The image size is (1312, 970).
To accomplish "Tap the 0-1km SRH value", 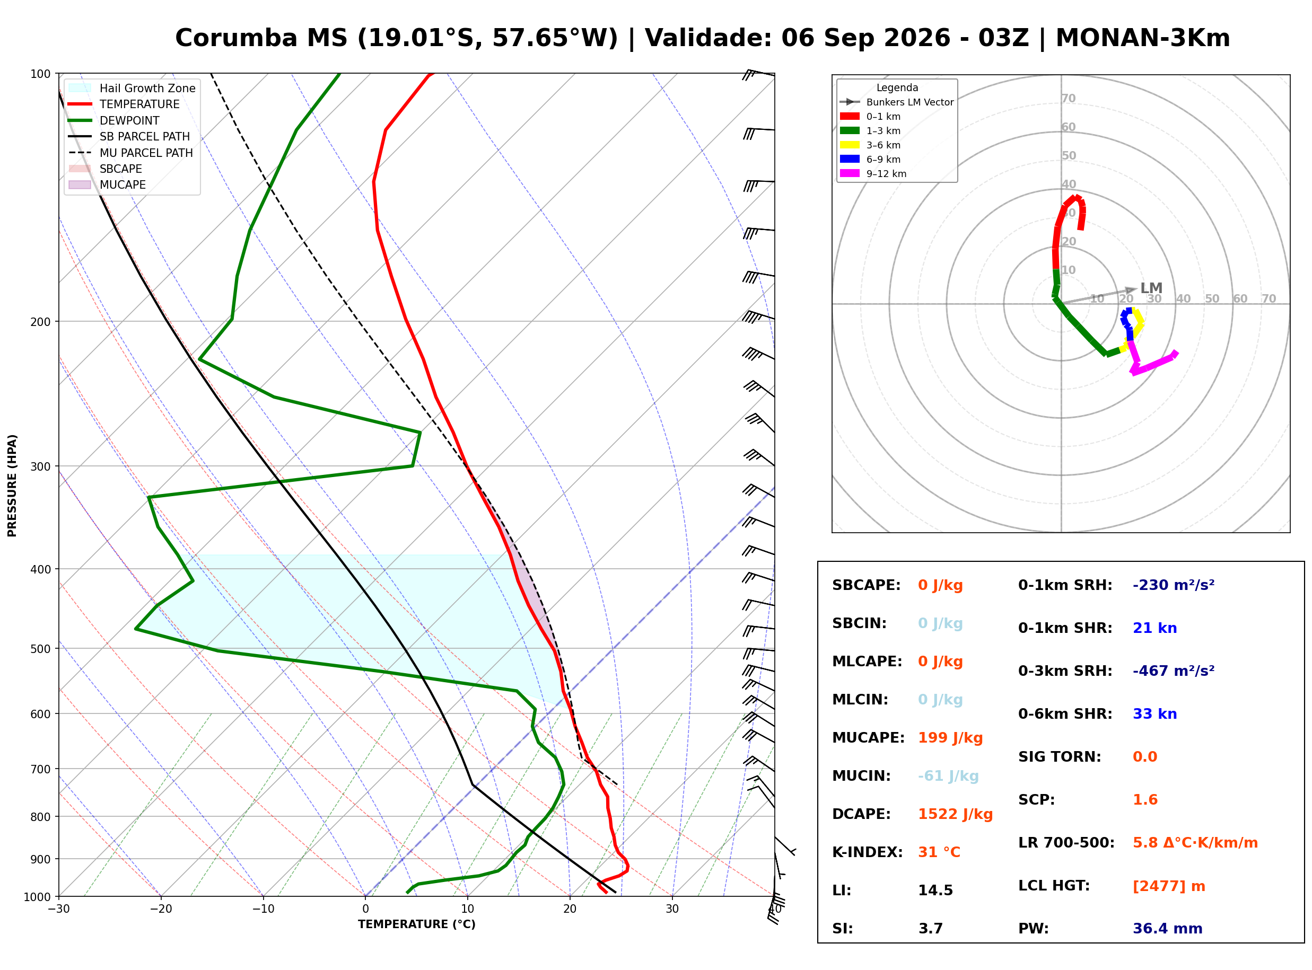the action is [x=1174, y=585].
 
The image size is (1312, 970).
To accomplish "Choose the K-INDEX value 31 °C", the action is [x=939, y=852].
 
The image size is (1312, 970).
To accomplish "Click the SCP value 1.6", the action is [x=1145, y=800].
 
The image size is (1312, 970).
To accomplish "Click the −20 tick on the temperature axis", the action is [x=160, y=910].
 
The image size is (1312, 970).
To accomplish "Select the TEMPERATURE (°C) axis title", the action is [x=417, y=925].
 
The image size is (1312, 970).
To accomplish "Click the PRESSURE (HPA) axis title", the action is [x=12, y=486].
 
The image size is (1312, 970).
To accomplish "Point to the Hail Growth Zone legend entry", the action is [x=132, y=88].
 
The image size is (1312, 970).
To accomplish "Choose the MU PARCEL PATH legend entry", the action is [x=131, y=153].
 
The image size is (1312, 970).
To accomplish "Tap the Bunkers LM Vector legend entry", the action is [x=897, y=102].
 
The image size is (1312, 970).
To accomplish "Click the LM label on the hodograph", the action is [x=1151, y=288].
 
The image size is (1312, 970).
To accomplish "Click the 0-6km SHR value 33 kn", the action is [x=1154, y=714].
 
